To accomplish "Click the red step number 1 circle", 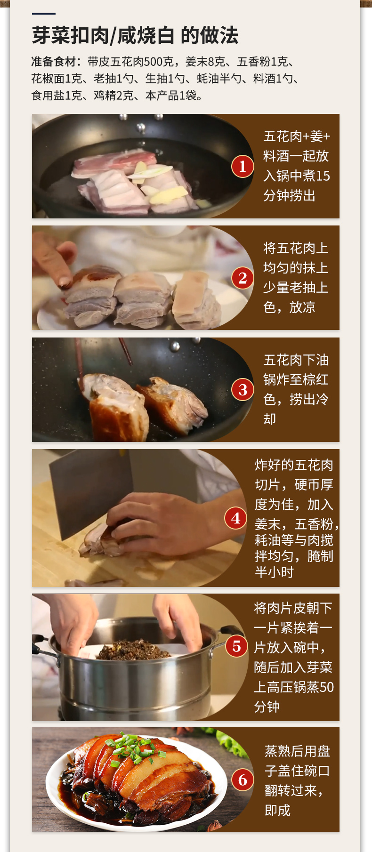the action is (243, 166).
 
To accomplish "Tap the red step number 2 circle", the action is (243, 278).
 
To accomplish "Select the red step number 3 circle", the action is (243, 390).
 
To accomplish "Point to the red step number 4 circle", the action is (235, 518).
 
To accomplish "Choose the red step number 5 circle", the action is (236, 646).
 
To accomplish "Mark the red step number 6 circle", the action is (243, 780).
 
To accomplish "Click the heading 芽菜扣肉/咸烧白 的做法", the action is (135, 35).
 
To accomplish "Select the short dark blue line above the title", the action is (44, 14).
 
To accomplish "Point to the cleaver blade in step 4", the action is (89, 490).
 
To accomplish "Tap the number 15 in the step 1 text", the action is (323, 176).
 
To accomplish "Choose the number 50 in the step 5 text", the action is (326, 687).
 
